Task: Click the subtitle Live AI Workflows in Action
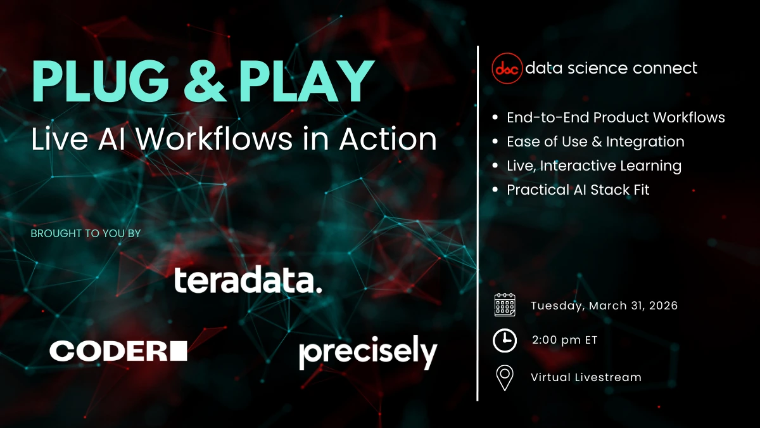click(234, 139)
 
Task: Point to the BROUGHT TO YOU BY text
click(85, 233)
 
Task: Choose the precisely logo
click(368, 353)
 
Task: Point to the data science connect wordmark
click(612, 68)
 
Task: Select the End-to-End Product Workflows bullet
click(616, 117)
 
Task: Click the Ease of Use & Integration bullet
click(595, 141)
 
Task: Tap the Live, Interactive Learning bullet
click(594, 165)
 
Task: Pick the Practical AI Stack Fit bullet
click(578, 190)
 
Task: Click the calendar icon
click(505, 305)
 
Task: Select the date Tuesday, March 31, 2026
click(604, 306)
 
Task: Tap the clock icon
click(505, 340)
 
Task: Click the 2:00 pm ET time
click(565, 340)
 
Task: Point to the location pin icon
click(505, 377)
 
